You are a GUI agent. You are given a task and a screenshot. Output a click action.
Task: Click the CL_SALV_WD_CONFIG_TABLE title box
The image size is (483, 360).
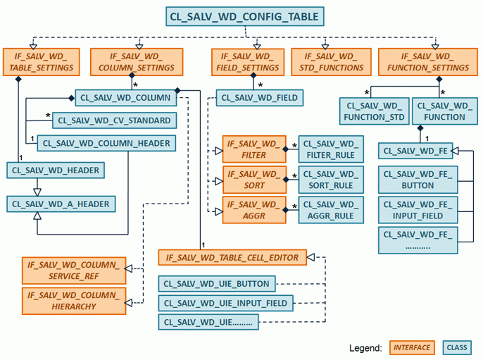[x=243, y=16]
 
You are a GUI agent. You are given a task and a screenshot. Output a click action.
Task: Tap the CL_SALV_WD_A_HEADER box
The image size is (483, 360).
[x=61, y=204]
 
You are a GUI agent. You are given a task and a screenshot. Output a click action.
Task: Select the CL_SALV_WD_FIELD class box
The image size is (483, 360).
[x=260, y=98]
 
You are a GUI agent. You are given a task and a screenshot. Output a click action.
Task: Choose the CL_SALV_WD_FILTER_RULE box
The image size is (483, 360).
[x=330, y=149]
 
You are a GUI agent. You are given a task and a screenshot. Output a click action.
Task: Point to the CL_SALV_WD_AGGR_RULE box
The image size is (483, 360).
[x=330, y=210]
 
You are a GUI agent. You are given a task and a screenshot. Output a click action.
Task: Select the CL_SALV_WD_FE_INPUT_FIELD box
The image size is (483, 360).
[x=418, y=210]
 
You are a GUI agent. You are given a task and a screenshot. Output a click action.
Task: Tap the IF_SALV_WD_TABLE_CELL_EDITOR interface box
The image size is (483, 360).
[x=232, y=258]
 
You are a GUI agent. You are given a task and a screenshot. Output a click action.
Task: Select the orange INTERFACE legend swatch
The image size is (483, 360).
[x=412, y=347]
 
